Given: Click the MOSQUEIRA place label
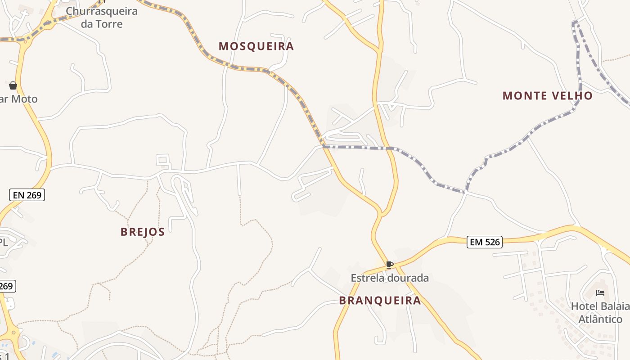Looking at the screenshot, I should [x=256, y=46].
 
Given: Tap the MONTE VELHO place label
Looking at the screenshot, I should [x=547, y=96].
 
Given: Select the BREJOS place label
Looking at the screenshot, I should [x=142, y=232].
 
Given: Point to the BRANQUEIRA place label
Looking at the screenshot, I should [x=380, y=301].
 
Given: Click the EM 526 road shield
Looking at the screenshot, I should [x=484, y=242].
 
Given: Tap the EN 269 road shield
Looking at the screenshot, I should [x=27, y=195].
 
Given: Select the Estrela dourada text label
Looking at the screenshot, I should [x=390, y=278].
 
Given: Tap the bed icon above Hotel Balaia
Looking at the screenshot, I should [x=600, y=293].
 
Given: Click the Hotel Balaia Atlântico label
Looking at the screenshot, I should [x=600, y=313].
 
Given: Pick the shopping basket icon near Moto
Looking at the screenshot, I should [x=13, y=85].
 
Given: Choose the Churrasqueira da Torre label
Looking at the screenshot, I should [x=102, y=17].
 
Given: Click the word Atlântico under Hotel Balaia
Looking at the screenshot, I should [x=600, y=319].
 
